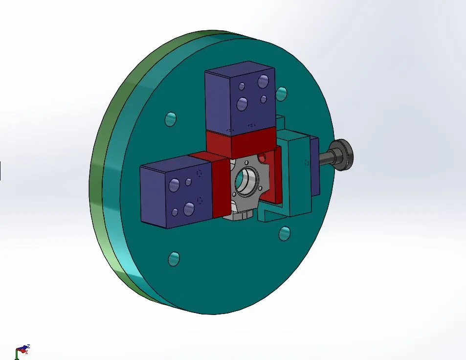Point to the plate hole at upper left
point(170,119)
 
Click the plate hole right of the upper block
point(282,93)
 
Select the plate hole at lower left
point(174,258)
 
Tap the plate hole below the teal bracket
point(284,234)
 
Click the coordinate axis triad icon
point(22,351)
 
